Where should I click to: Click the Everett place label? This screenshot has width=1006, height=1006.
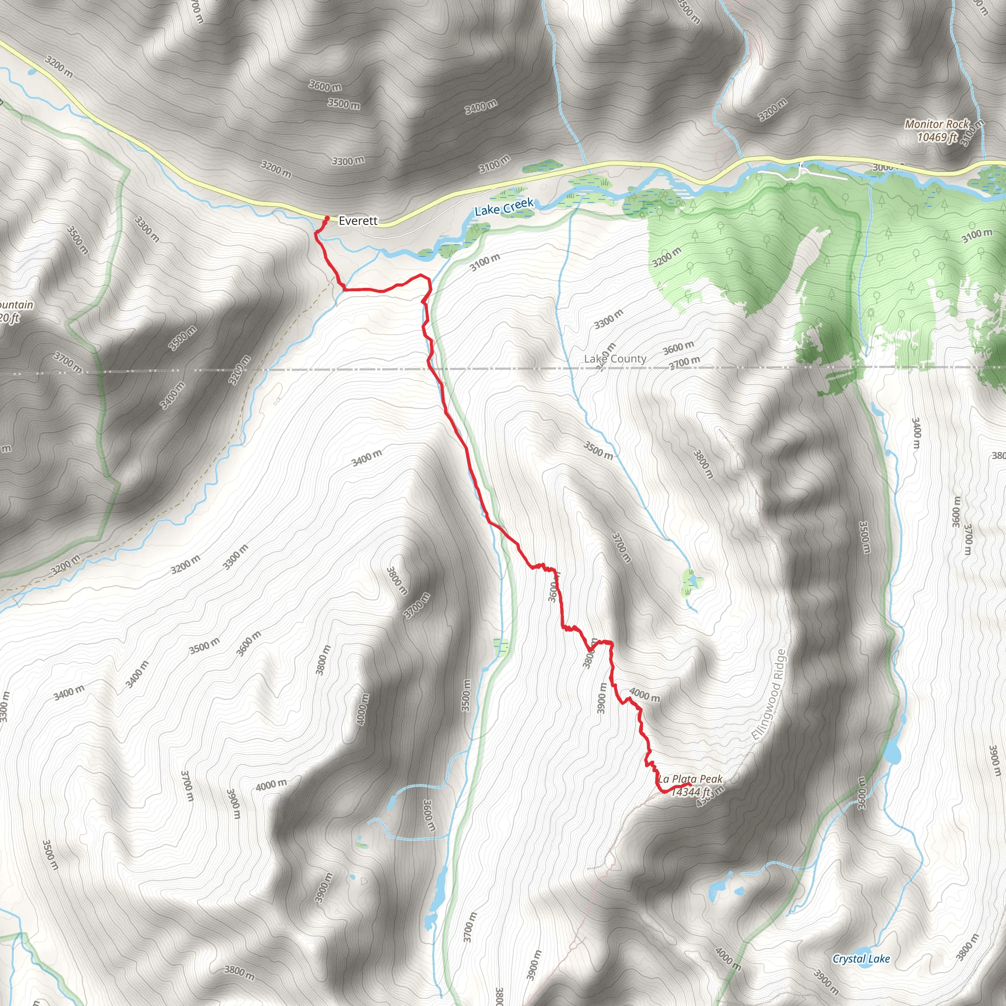coord(358,221)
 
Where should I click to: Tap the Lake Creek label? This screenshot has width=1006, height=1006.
coord(504,207)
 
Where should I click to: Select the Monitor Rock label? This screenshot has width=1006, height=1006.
coord(937,124)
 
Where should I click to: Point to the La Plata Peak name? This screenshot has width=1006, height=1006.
coord(691,779)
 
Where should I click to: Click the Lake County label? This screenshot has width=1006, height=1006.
coord(615,359)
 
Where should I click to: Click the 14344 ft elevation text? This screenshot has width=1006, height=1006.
coord(691,792)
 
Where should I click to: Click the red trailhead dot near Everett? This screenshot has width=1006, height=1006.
coord(327,218)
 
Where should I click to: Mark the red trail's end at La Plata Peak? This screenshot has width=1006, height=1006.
coord(689,784)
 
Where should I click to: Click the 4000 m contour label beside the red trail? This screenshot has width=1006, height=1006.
coord(644,695)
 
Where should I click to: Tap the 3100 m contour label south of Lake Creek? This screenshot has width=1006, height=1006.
coord(484,262)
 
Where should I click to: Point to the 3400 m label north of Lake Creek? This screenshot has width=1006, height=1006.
coord(480,107)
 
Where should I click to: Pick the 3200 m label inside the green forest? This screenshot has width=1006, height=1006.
coord(667,257)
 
